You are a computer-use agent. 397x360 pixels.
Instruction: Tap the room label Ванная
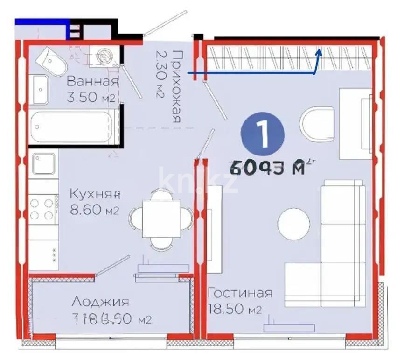point(92,81)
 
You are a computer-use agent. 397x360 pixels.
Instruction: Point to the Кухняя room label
point(96,193)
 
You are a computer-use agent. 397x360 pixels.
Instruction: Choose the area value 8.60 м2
point(95,210)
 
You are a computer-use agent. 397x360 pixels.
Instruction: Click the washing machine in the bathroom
point(104,56)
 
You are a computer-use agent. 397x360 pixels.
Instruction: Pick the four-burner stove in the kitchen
point(42,209)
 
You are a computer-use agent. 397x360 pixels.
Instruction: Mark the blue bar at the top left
point(42,21)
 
